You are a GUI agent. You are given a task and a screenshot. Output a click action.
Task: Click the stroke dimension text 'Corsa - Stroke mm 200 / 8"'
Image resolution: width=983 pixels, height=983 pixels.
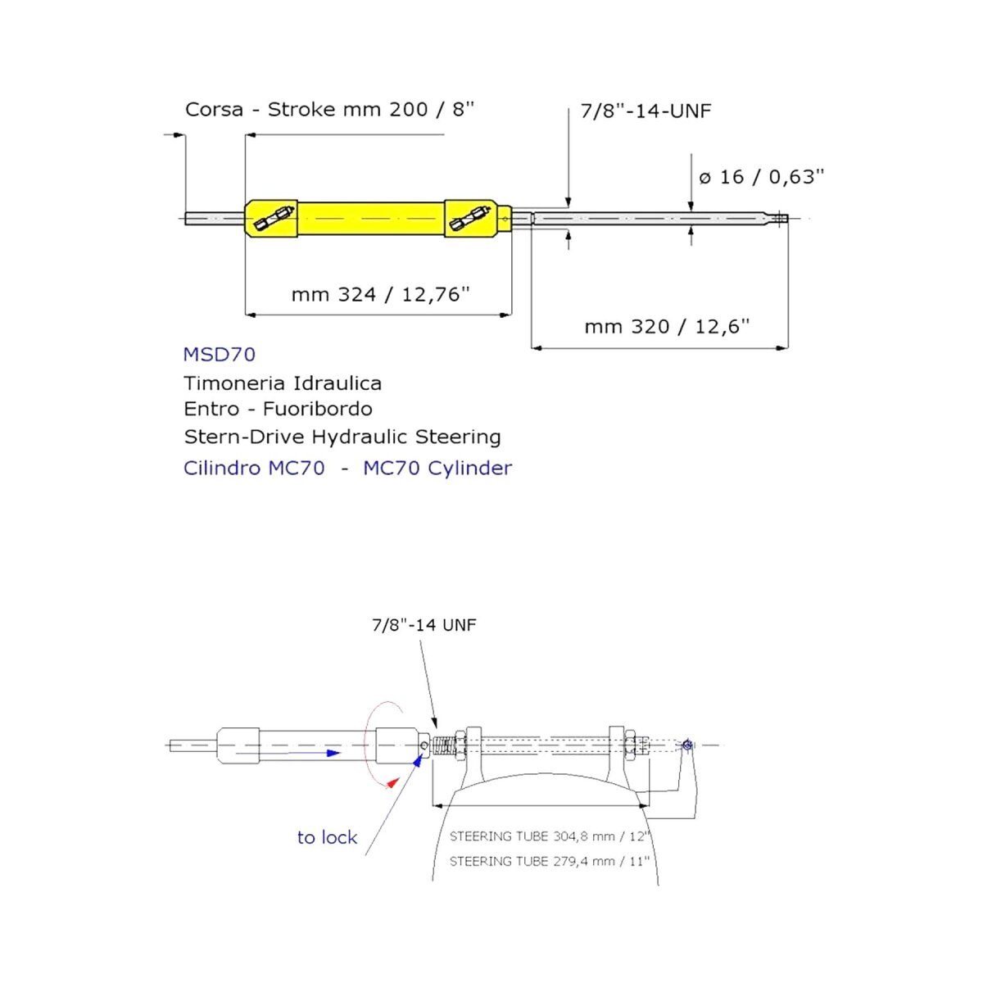tap(329, 110)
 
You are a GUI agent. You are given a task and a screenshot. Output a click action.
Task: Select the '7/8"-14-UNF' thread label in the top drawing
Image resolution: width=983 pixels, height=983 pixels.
tap(646, 111)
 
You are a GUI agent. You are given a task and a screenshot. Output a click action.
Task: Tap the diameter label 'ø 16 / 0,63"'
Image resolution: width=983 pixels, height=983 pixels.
tap(761, 177)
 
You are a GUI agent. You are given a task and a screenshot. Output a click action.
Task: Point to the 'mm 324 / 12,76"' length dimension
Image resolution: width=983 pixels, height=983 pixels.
tap(380, 294)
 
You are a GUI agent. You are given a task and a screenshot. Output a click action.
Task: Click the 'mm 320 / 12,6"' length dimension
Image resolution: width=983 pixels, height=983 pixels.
tap(667, 327)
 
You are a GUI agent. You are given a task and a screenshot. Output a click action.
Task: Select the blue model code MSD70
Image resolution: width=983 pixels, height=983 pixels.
tap(220, 355)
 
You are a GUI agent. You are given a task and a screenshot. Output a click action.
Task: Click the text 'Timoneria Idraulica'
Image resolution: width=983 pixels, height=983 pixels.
tap(283, 383)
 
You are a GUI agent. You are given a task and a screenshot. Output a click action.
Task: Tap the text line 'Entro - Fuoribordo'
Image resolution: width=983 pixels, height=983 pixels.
tap(278, 409)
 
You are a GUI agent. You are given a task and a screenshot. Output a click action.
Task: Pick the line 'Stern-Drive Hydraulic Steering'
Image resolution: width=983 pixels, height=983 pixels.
tap(342, 437)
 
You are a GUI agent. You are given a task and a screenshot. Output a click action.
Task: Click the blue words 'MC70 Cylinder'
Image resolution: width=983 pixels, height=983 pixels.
tap(437, 469)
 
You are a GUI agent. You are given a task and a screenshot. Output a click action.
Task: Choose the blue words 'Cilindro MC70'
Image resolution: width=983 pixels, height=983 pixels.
tap(254, 469)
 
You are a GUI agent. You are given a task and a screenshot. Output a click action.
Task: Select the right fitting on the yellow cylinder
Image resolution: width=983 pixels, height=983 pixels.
tap(472, 218)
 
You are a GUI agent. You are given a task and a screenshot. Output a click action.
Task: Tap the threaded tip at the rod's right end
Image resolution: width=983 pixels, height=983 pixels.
tap(781, 219)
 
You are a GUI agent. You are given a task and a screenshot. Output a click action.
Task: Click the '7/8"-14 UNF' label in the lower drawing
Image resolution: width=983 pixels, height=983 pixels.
tap(424, 625)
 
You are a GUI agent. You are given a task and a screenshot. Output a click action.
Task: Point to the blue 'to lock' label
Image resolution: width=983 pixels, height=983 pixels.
tap(327, 838)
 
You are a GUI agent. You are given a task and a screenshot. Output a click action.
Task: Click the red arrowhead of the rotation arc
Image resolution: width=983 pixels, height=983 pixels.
tap(392, 782)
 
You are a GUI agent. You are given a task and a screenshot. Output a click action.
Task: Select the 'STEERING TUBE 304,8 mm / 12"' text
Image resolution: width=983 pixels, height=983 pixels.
tap(550, 836)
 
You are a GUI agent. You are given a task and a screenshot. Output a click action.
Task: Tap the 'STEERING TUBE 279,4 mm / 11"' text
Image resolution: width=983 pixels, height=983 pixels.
tap(550, 861)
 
